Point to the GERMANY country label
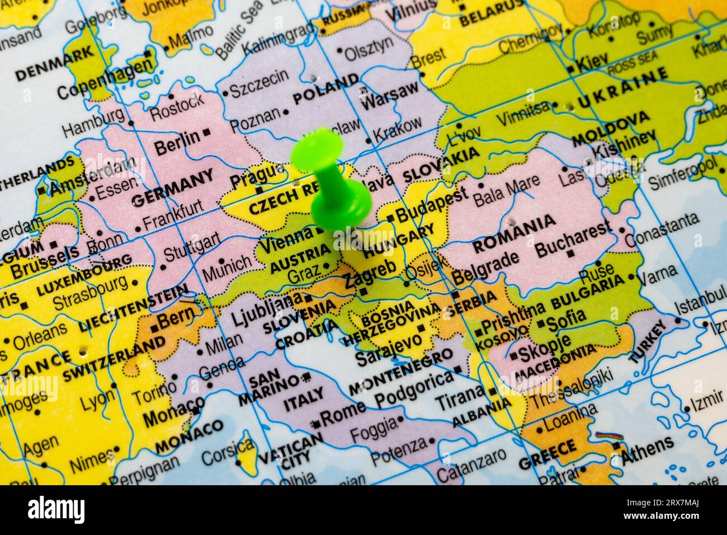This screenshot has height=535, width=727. click(x=172, y=187)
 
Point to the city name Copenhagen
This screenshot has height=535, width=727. click(x=105, y=78)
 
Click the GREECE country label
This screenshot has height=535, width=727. click(x=547, y=455)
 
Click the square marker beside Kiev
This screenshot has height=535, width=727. click(x=570, y=69)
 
